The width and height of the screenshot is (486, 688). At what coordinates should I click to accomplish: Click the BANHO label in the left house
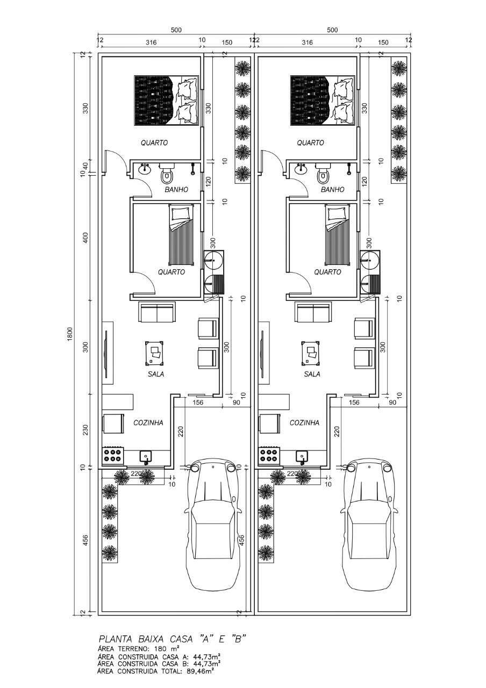pos(176,189)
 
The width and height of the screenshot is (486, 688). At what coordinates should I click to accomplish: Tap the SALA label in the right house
pos(312,374)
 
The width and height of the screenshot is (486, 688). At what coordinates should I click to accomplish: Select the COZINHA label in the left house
pos(148,422)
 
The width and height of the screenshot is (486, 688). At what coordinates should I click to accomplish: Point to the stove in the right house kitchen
pos(269,455)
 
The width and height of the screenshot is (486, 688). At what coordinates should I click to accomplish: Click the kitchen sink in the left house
pos(146,457)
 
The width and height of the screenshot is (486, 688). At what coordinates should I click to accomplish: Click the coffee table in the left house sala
pos(154,353)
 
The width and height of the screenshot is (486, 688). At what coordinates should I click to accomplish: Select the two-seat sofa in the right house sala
pos(313,312)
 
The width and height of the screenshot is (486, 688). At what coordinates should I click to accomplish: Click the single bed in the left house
pos(181,234)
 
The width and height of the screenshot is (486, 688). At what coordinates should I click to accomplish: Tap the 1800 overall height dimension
pos(70,333)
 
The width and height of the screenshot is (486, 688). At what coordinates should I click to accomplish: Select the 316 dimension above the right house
pos(307,42)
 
